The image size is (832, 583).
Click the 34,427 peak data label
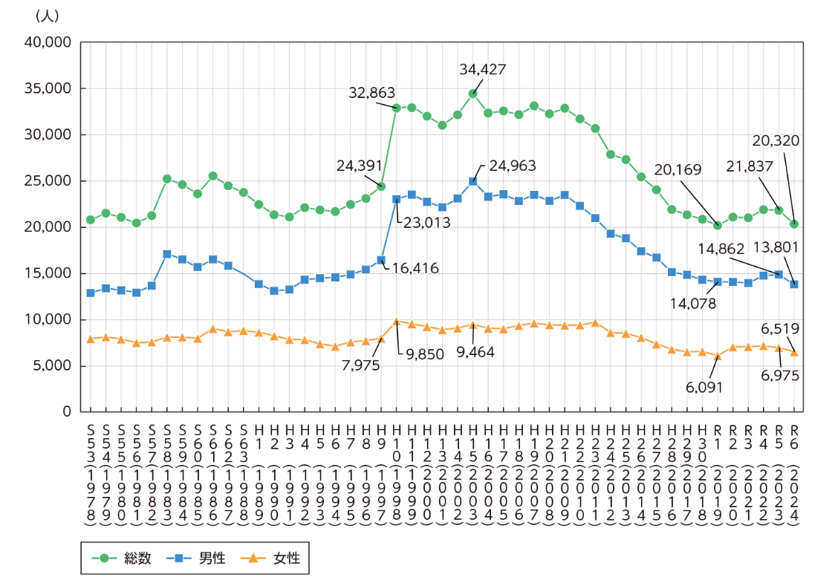pyautogui.click(x=483, y=69)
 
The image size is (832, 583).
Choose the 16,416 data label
pyautogui.click(x=414, y=268)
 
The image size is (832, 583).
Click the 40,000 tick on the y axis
pyautogui.click(x=48, y=42)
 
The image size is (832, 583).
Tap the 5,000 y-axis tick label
pyautogui.click(x=51, y=365)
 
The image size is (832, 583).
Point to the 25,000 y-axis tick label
pyautogui.click(x=48, y=181)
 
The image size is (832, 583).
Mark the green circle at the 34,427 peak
pyautogui.click(x=472, y=94)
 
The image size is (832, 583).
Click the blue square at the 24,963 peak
pyautogui.click(x=472, y=181)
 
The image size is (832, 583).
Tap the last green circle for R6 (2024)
pyautogui.click(x=794, y=224)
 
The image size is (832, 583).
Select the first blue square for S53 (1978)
pyautogui.click(x=91, y=293)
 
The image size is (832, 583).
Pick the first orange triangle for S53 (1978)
pyautogui.click(x=91, y=339)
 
